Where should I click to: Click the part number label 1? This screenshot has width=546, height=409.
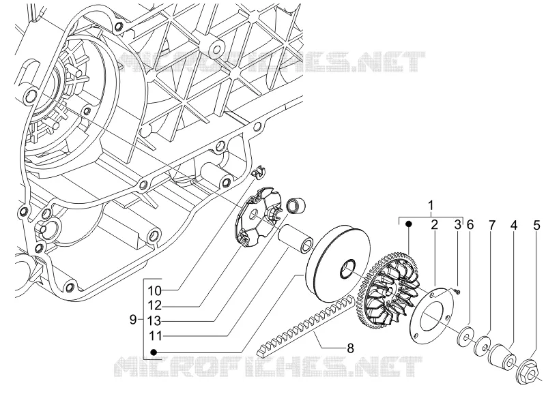431,205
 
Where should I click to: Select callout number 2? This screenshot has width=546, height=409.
434,225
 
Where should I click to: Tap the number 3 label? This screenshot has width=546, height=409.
457,225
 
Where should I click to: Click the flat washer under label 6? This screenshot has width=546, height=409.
465,336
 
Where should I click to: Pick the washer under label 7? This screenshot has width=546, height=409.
483,346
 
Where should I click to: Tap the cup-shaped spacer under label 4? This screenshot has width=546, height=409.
502,359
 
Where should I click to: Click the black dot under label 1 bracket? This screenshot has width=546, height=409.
409,224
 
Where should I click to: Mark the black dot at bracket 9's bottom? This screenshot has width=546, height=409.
154,352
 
